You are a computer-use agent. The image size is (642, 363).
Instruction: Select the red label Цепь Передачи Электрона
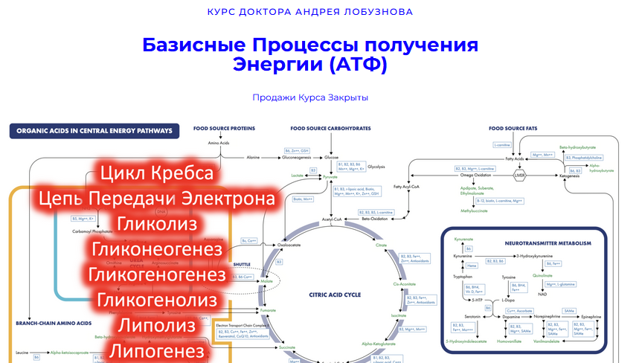point(156,199)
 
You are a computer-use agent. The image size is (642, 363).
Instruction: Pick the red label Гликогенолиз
point(156,301)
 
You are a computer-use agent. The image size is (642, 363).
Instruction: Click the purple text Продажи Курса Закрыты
point(310,97)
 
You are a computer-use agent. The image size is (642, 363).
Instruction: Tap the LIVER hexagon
point(521,176)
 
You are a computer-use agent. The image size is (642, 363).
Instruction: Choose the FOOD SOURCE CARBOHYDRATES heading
point(330,128)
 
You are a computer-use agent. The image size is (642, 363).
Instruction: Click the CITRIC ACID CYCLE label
point(335,295)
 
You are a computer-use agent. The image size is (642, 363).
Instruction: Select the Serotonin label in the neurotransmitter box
point(463,317)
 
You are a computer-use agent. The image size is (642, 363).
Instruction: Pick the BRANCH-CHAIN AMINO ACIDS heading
point(54,323)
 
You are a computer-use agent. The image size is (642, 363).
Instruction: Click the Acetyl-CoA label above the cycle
point(331,220)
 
